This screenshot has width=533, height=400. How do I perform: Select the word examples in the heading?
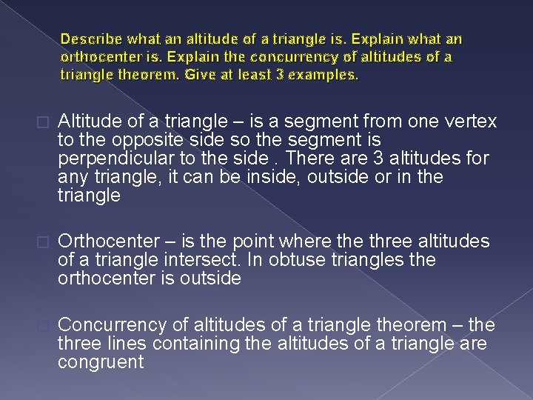point(325,74)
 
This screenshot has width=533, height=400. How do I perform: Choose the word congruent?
point(101,362)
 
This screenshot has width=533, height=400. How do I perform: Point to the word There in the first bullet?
point(310,159)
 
